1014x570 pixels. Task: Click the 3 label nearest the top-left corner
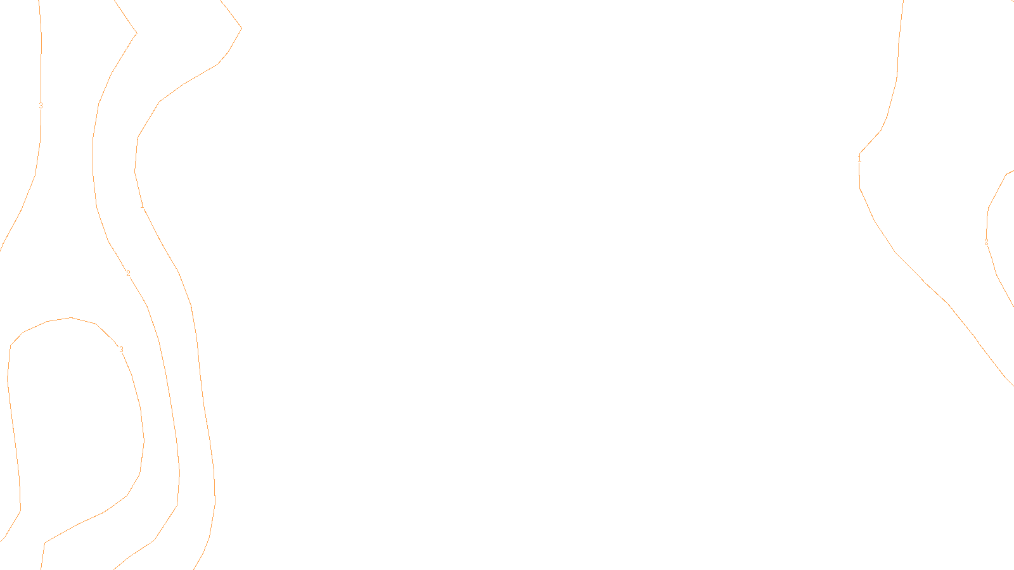tap(41, 106)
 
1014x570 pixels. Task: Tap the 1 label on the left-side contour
tap(142, 205)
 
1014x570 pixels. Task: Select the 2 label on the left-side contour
tap(128, 274)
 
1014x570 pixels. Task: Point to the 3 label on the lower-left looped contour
tap(121, 350)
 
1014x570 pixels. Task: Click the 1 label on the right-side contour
tap(859, 158)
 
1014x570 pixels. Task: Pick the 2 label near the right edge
tap(986, 242)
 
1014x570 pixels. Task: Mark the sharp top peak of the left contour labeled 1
tap(241, 28)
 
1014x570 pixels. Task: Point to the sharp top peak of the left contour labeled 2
tap(136, 32)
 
